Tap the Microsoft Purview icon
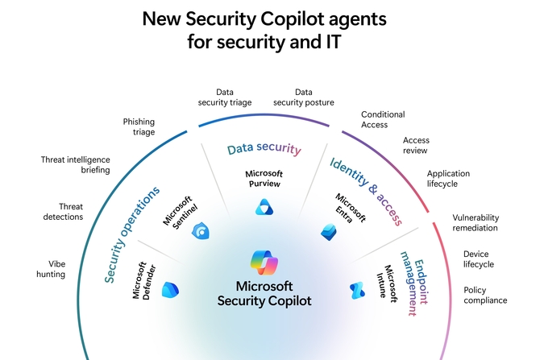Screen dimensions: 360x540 264,208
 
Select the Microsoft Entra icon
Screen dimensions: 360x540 328,231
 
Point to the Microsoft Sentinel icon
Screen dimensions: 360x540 201,232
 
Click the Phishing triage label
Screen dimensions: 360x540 139,126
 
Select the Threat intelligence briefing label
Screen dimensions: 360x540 76,164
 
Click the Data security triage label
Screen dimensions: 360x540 225,97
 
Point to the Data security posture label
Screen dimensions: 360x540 303,97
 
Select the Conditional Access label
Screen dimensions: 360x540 383,119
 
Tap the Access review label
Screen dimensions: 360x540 416,145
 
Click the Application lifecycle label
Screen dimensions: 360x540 448,178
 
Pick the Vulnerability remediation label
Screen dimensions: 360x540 476,222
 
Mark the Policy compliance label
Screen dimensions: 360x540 485,295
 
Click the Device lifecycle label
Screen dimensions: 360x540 479,259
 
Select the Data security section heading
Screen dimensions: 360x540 264,149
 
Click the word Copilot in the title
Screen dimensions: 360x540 281,18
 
